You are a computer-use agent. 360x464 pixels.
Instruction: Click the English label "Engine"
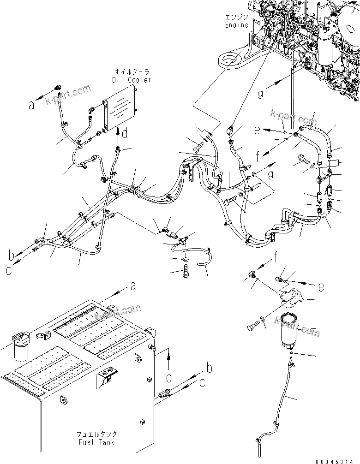click(237, 24)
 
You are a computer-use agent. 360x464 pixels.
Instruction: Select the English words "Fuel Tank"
click(96, 442)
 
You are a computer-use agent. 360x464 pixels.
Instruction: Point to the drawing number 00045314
click(338, 460)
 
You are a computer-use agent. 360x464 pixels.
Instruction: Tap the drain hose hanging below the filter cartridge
click(282, 397)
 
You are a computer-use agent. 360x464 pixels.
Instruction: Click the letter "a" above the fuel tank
click(133, 287)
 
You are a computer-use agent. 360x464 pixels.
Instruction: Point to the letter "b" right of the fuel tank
click(209, 369)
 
